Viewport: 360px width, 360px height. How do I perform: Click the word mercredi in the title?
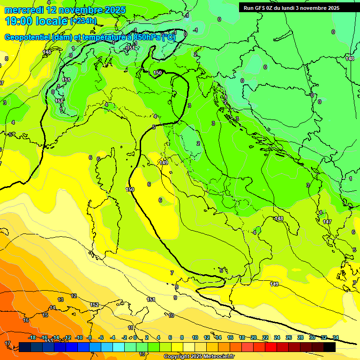click(x=24, y=10)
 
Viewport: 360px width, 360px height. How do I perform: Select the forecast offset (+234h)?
click(x=83, y=21)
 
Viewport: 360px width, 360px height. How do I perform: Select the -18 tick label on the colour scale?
click(x=32, y=337)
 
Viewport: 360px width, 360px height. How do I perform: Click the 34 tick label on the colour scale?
click(x=335, y=337)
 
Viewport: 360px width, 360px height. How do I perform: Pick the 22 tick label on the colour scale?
click(x=265, y=337)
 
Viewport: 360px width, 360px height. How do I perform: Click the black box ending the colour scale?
click(x=330, y=347)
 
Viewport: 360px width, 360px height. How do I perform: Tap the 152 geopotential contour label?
click(x=94, y=305)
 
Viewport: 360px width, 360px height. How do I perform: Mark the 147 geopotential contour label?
click(x=327, y=222)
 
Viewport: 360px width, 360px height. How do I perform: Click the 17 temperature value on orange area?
click(x=7, y=344)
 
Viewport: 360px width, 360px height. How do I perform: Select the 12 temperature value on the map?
click(x=74, y=296)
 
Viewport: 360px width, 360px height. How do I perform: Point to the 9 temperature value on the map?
click(x=175, y=298)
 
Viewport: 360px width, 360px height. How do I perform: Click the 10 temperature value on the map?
click(x=171, y=315)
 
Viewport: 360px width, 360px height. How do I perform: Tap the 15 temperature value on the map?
click(x=45, y=315)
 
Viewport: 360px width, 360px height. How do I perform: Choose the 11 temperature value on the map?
click(x=131, y=328)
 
